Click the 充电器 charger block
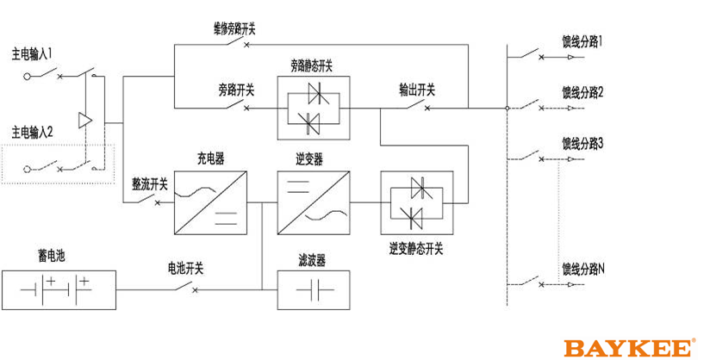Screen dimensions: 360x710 pyautogui.click(x=210, y=203)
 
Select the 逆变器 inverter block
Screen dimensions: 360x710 pyautogui.click(x=314, y=203)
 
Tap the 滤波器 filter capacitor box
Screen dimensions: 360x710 pyautogui.click(x=314, y=289)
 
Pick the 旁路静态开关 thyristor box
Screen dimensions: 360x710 pyautogui.click(x=314, y=108)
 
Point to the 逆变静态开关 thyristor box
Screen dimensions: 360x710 pyautogui.click(x=416, y=203)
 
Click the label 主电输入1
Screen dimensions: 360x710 pyautogui.click(x=32, y=53)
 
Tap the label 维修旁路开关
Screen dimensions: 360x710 pyautogui.click(x=235, y=28)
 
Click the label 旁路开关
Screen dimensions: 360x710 pyautogui.click(x=235, y=90)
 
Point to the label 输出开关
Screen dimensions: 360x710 pyautogui.click(x=417, y=90)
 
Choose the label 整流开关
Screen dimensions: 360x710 pyautogui.click(x=149, y=183)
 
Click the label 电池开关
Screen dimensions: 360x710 pyautogui.click(x=184, y=269)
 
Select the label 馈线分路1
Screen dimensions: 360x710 pyautogui.click(x=582, y=41)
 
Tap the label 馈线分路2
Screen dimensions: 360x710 pyautogui.click(x=582, y=92)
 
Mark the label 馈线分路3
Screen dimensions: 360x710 pyautogui.click(x=582, y=143)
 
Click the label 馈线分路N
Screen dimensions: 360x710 pyautogui.click(x=582, y=269)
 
